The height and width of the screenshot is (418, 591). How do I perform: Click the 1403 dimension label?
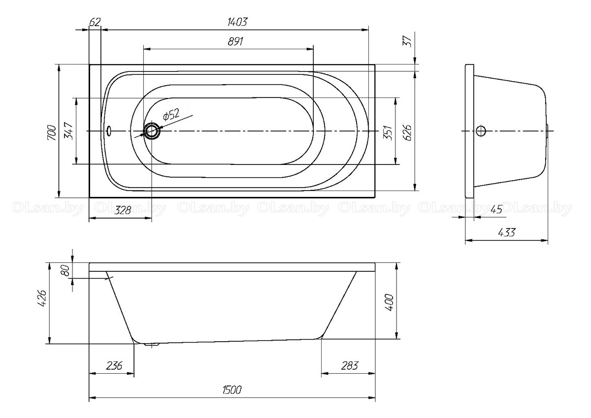pyautogui.click(x=237, y=22)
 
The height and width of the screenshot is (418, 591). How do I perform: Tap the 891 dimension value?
pyautogui.click(x=235, y=41)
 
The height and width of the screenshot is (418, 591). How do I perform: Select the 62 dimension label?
pyautogui.click(x=95, y=22)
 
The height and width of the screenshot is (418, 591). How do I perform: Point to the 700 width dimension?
pyautogui.click(x=52, y=132)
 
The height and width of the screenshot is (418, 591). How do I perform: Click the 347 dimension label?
pyautogui.click(x=68, y=131)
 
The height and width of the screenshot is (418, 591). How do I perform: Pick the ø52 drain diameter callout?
pyautogui.click(x=171, y=114)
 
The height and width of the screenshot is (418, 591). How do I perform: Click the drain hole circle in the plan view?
pyautogui.click(x=152, y=131)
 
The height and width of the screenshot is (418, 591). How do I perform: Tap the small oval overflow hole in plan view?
pyautogui.click(x=109, y=131)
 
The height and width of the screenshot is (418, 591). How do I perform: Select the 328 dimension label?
pyautogui.click(x=123, y=210)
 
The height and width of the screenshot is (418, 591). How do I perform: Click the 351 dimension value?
pyautogui.click(x=388, y=132)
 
